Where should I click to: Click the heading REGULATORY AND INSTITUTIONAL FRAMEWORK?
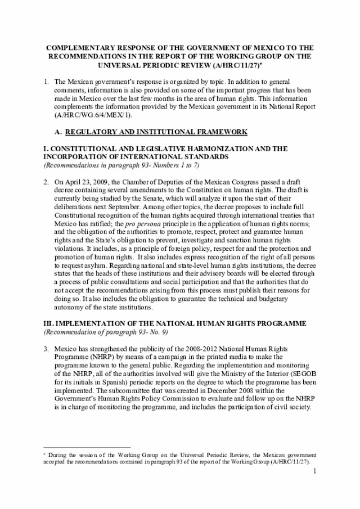[156, 132]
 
